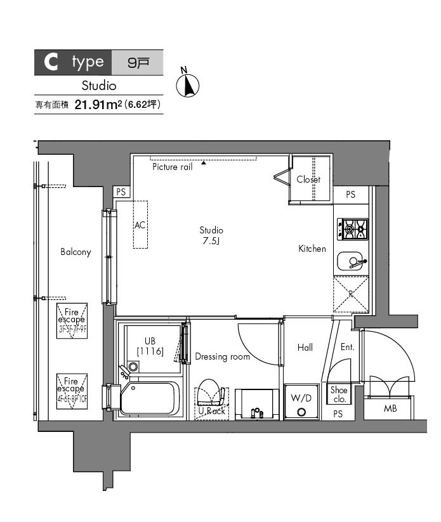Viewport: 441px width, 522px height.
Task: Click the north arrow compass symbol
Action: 187,84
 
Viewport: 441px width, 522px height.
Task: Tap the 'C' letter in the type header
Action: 51,62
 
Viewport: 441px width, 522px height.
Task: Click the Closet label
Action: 308,179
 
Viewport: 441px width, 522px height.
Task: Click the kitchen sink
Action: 351,261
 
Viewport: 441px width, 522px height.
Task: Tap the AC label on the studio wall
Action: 140,225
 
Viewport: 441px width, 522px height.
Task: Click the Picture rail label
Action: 172,167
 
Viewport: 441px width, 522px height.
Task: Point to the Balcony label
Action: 76,252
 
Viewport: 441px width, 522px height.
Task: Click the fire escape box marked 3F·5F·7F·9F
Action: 72,320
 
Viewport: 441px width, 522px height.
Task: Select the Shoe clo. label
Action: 339,395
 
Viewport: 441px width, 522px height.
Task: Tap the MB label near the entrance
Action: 390,408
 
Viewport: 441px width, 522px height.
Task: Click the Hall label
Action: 305,347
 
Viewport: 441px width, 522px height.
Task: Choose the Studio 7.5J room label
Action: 211,235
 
